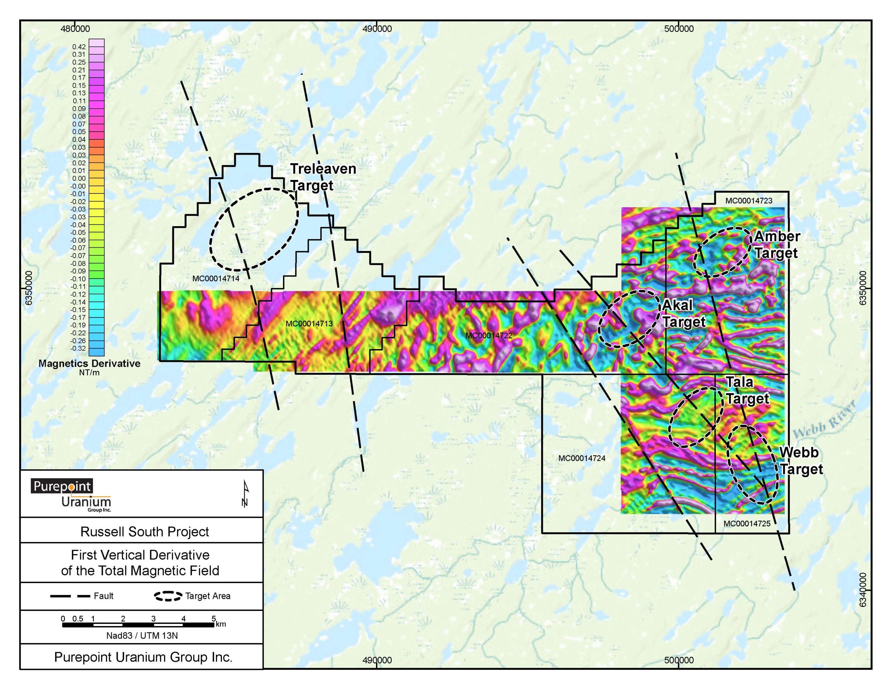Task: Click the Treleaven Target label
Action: click(x=323, y=177)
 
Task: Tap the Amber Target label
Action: click(x=776, y=245)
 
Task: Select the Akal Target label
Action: click(x=683, y=313)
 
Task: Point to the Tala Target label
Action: click(x=747, y=390)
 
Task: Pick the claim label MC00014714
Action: click(x=216, y=279)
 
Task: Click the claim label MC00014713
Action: click(x=309, y=324)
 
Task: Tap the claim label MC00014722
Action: click(x=489, y=336)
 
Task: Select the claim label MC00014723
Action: click(x=749, y=201)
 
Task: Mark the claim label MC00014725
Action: click(x=747, y=524)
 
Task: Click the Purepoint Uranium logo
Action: click(x=71, y=495)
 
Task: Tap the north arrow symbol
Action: click(x=245, y=494)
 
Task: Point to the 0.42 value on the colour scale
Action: click(x=79, y=47)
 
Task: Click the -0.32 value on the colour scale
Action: click(x=78, y=348)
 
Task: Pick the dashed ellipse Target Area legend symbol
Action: click(x=168, y=596)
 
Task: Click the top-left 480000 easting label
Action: click(x=75, y=29)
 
